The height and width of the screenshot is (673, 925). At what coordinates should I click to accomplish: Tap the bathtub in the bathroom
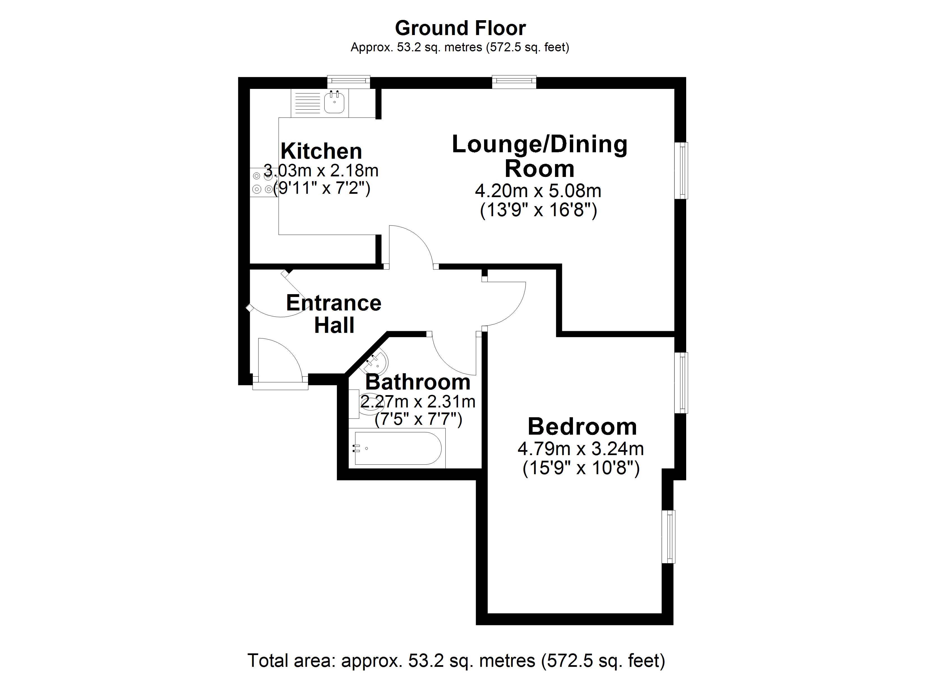tap(398, 448)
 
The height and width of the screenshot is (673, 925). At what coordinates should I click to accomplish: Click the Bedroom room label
tap(582, 427)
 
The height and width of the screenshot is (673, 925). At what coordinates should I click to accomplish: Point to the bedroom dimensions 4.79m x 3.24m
tap(581, 449)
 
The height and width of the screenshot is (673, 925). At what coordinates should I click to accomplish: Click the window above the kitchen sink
tap(349, 82)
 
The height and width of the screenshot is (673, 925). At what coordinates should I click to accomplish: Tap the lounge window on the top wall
tap(514, 82)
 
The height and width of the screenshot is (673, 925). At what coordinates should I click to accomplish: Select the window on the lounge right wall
tap(681, 170)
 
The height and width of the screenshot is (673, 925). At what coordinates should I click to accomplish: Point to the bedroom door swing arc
tap(506, 304)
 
